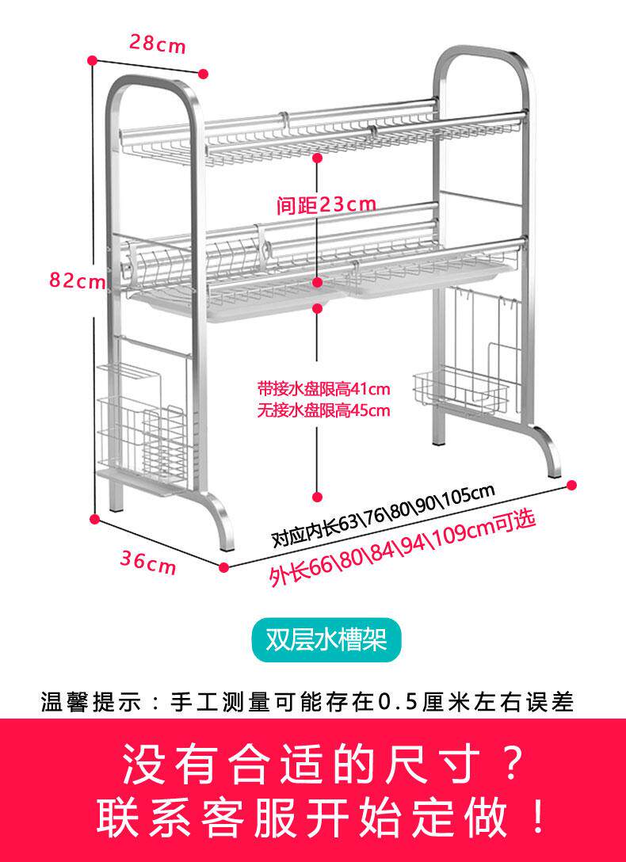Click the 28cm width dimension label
[158, 44]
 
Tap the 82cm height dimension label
[77, 280]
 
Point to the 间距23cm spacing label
[326, 205]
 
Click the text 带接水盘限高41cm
[323, 390]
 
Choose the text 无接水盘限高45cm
[323, 410]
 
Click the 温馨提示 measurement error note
[307, 702]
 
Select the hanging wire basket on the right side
[460, 391]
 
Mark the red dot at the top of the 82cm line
[93, 60]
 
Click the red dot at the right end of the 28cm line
[204, 74]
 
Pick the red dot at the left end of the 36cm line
[94, 521]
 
